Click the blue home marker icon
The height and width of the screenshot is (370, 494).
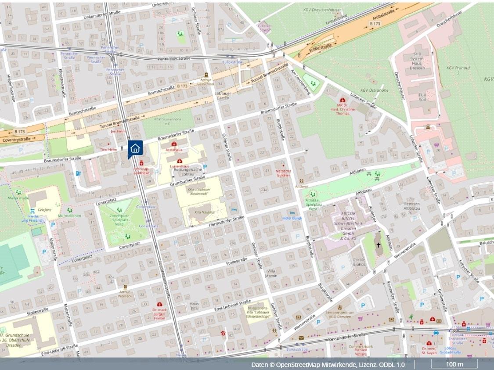pos(135,148)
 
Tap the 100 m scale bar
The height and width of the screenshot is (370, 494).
pos(454,364)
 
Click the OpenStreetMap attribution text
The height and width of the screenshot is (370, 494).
pos(328,365)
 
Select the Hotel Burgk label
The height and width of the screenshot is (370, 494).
pos(292,218)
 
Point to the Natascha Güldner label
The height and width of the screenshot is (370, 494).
pos(283,172)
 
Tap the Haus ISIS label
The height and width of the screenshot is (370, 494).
pos(194,306)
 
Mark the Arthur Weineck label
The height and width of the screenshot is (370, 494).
pos(124,294)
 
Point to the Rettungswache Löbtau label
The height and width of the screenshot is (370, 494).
pos(187,172)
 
